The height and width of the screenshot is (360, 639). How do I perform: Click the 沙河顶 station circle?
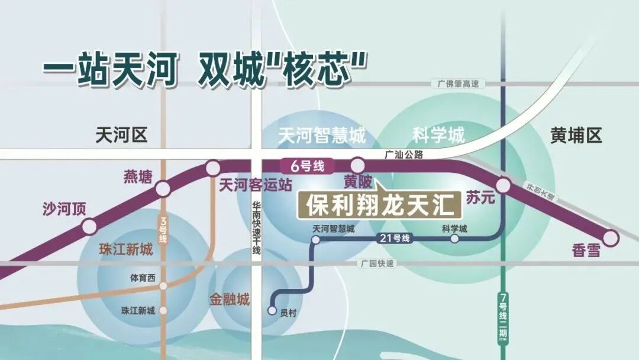click(x=89, y=226)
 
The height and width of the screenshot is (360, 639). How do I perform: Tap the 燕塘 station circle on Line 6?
click(x=163, y=189)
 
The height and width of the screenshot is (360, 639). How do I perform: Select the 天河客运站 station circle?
click(x=213, y=168)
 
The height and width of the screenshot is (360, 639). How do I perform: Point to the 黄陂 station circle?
click(x=357, y=165)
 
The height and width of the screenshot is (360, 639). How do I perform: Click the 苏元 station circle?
click(x=503, y=186)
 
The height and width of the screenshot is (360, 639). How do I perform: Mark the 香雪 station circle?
click(x=611, y=237)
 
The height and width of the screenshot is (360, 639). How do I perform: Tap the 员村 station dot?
click(x=272, y=310)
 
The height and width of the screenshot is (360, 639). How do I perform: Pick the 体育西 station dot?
click(x=163, y=285)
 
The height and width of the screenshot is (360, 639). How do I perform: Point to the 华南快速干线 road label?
click(x=257, y=229)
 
